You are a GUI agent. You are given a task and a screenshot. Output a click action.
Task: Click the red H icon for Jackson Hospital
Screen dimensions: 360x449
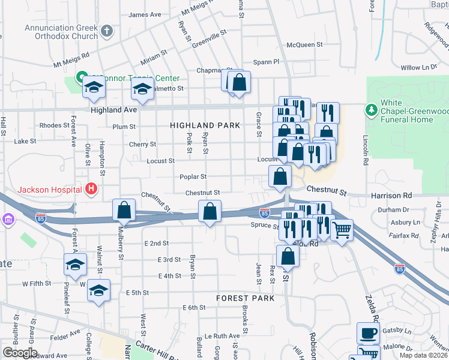pyautogui.click(x=91, y=190)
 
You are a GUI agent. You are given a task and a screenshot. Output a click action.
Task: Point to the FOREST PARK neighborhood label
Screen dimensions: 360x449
pyautogui.click(x=246, y=298)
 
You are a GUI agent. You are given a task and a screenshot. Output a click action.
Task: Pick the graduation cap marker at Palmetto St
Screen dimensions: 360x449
pyautogui.click(x=142, y=90)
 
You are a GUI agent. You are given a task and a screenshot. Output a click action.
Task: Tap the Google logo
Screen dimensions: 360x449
pyautogui.click(x=20, y=353)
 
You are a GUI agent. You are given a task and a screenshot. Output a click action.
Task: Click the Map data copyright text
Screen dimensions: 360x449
pyautogui.click(x=424, y=355)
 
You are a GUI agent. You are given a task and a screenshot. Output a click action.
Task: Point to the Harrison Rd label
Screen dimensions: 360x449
pyautogui.click(x=408, y=196)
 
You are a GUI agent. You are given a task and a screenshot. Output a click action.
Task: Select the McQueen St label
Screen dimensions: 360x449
pyautogui.click(x=304, y=44)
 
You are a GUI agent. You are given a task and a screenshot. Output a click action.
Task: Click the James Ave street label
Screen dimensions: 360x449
pyautogui.click(x=145, y=14)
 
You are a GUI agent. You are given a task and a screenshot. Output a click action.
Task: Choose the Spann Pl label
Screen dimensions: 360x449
pyautogui.click(x=267, y=61)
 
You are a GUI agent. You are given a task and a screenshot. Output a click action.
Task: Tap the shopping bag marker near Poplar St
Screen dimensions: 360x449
pyautogui.click(x=280, y=176)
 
